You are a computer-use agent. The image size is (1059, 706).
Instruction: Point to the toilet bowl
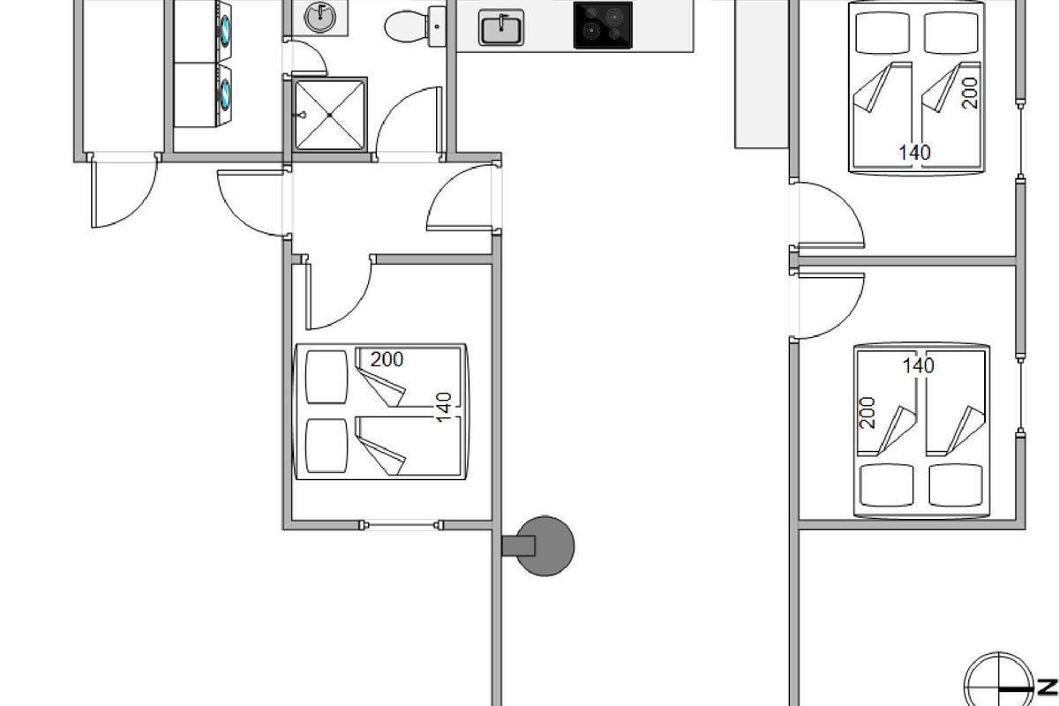403,26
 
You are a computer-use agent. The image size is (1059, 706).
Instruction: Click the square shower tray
329,115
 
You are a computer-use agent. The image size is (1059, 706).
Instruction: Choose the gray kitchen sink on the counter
501,27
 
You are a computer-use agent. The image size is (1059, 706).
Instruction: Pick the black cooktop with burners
603,25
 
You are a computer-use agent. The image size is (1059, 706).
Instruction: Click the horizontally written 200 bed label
387,360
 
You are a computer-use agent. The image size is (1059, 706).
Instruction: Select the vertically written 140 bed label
445,407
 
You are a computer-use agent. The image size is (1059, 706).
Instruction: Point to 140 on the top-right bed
914,153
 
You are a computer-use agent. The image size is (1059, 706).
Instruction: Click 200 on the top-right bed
970,93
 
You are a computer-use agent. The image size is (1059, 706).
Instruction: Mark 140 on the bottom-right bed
918,365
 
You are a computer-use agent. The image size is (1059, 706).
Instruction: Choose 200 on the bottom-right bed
867,412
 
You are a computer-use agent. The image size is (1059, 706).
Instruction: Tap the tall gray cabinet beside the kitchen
761,75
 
